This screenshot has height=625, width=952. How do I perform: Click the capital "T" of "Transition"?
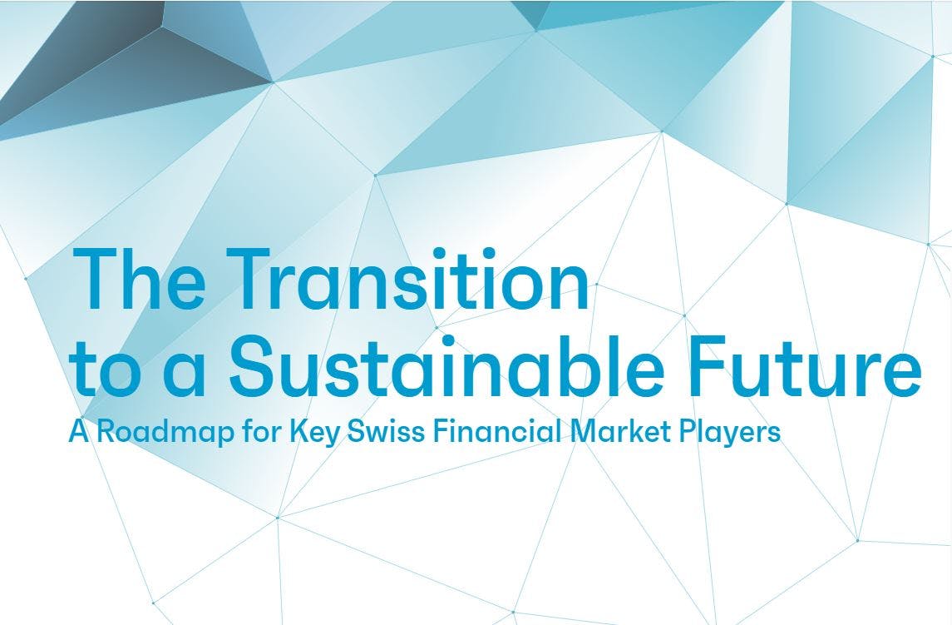(247, 279)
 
